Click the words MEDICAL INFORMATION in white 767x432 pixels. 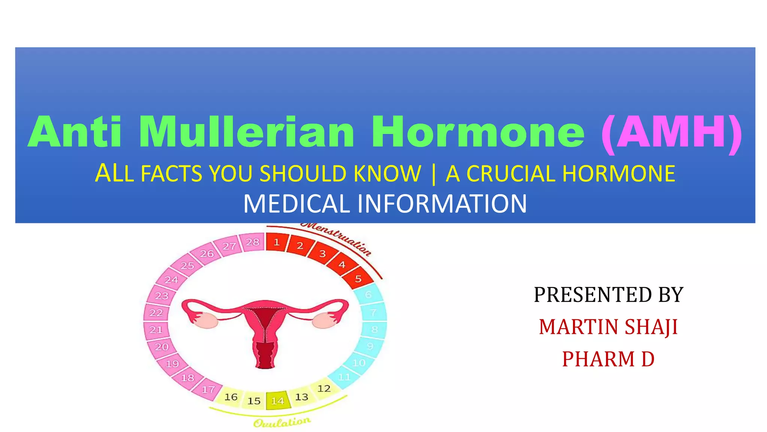[385, 204]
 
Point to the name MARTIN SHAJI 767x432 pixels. [608, 327]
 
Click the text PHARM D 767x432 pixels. [608, 359]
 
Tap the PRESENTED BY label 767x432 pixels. [608, 294]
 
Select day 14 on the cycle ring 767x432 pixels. [278, 401]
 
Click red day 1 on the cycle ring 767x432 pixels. [276, 242]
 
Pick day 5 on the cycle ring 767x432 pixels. [358, 279]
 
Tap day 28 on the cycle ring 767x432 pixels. [253, 242]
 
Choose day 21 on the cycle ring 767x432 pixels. [156, 330]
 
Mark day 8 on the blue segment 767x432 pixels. [374, 329]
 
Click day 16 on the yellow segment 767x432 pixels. [231, 397]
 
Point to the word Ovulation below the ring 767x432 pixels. [282, 423]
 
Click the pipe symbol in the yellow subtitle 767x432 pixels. [434, 174]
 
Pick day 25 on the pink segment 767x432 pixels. [187, 265]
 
